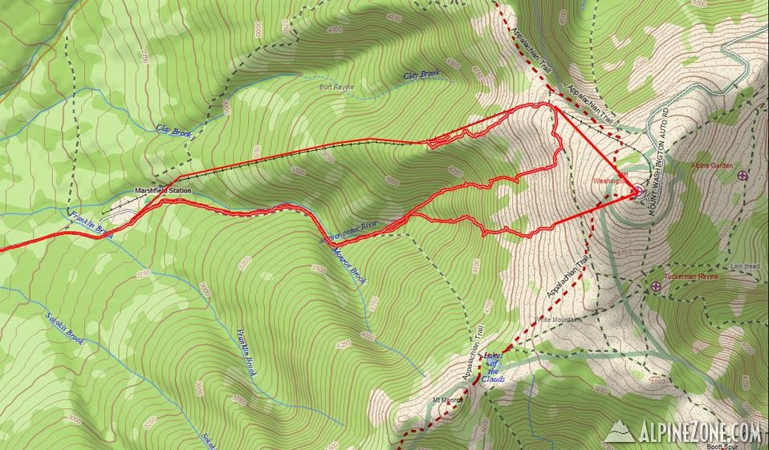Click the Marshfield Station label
pyautogui.click(x=163, y=191)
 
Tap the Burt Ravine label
pyautogui.click(x=336, y=86)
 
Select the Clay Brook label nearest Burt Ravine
pyautogui.click(x=421, y=75)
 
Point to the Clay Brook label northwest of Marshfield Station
pyautogui.click(x=173, y=131)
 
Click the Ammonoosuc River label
pyautogui.click(x=348, y=231)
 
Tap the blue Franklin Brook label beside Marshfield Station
pyautogui.click(x=90, y=224)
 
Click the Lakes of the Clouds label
pyautogui.click(x=492, y=366)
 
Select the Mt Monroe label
pyautogui.click(x=449, y=399)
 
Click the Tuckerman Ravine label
pyautogui.click(x=691, y=276)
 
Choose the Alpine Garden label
pyautogui.click(x=711, y=166)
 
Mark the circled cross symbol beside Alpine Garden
pyautogui.click(x=742, y=175)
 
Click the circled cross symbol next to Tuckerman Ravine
pyautogui.click(x=656, y=286)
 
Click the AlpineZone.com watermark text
pyautogui.click(x=699, y=432)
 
